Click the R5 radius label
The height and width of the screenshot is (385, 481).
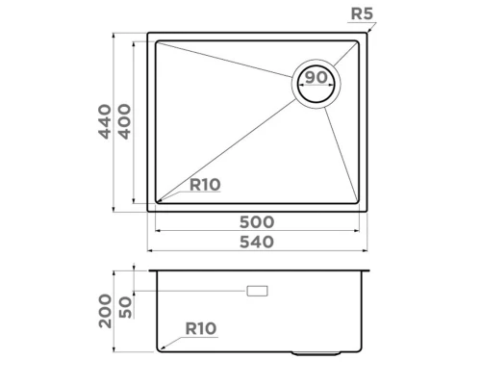pyautogui.click(x=362, y=14)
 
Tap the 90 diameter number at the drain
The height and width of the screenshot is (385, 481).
pyautogui.click(x=317, y=77)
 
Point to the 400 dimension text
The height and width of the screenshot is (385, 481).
pyautogui.click(x=125, y=121)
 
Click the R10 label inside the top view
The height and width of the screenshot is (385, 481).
pyautogui.click(x=205, y=186)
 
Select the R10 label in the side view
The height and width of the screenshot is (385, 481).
pyautogui.click(x=199, y=328)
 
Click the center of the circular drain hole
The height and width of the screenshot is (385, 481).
pyautogui.click(x=317, y=84)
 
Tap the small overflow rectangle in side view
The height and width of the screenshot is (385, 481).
pyautogui.click(x=257, y=291)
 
